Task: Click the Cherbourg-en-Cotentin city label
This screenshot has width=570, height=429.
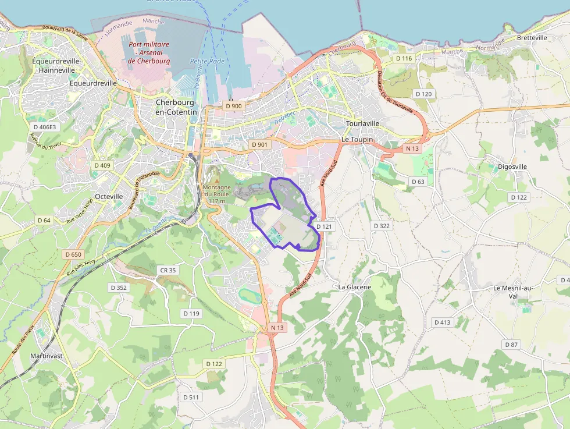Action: (x=176, y=107)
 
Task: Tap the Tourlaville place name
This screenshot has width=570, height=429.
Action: (x=362, y=123)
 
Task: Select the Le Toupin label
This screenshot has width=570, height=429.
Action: (x=357, y=140)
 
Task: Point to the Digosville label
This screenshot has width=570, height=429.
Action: (x=512, y=166)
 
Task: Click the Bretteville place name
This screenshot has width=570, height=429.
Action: (x=532, y=38)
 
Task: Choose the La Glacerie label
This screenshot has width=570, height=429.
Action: (x=355, y=287)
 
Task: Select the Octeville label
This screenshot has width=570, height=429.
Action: (x=109, y=196)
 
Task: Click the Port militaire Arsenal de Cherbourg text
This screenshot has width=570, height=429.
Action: (x=148, y=52)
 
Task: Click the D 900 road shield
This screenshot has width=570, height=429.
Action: (x=233, y=105)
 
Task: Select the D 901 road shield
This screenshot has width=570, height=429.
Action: (x=259, y=144)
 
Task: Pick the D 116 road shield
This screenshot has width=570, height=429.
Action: (x=404, y=59)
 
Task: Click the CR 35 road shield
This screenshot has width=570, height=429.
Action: (x=168, y=270)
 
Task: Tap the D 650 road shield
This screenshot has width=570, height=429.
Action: (x=74, y=254)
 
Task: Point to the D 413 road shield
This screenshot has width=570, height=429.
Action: (x=442, y=322)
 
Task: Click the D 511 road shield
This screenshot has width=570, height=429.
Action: (x=191, y=397)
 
